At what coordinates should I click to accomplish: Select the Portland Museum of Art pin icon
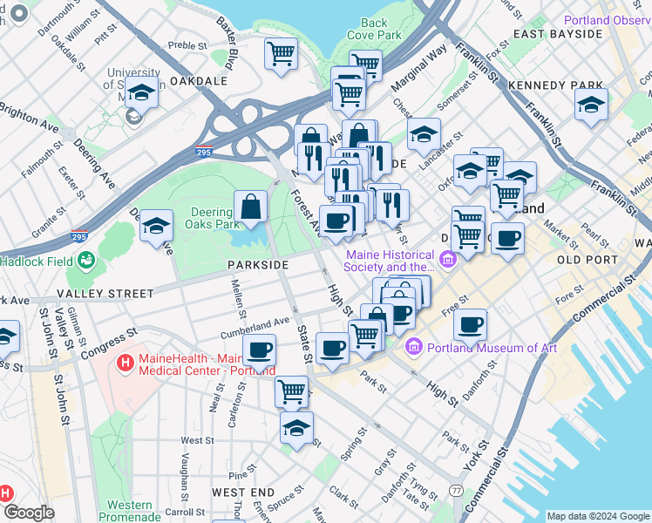414,348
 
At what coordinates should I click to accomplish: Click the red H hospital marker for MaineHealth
126,361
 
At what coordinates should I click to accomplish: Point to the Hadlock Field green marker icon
85,260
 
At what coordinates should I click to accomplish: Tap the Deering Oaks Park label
211,217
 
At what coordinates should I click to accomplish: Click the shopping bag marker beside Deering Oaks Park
250,207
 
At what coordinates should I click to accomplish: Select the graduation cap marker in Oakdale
141,92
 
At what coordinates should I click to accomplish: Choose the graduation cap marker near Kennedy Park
591,105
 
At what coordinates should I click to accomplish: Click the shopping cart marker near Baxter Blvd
281,54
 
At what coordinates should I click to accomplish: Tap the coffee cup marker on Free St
470,325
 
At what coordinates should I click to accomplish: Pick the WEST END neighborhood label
236,492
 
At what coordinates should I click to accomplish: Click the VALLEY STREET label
105,294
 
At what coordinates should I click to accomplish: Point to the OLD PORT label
593,260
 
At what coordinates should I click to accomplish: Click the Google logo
29,512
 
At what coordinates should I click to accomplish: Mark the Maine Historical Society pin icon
448,259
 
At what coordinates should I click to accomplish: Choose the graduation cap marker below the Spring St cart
296,428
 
